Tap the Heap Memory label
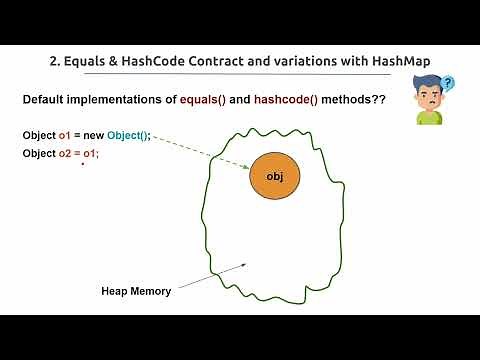136,292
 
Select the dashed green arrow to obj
200,154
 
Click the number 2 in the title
54,59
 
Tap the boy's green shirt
429,118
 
